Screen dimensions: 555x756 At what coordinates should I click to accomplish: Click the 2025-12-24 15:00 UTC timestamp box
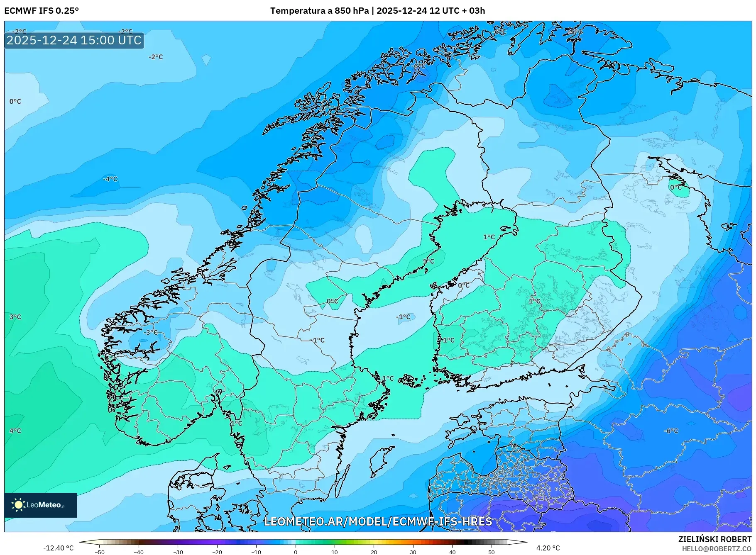point(74,40)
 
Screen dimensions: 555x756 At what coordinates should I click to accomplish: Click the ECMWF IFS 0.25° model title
point(42,11)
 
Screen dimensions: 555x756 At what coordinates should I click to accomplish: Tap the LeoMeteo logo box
point(41,505)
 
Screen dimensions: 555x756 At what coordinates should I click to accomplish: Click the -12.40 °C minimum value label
point(58,548)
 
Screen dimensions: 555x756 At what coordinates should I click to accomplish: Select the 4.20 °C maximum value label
point(548,548)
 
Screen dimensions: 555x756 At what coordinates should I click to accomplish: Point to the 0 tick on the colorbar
point(296,552)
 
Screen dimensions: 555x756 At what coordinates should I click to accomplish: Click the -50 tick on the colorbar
point(100,552)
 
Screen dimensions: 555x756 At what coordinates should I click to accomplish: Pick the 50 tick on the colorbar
point(492,552)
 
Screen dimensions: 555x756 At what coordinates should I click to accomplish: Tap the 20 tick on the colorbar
point(374,552)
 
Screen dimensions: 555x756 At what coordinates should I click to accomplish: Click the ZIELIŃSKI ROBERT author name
point(714,539)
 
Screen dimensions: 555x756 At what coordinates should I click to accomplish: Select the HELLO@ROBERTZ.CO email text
point(717,549)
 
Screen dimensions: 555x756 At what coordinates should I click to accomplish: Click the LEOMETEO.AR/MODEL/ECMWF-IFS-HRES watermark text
point(378,521)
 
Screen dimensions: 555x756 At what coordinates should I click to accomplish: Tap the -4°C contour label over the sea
point(110,179)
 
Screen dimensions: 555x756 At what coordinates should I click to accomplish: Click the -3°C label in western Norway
point(151,332)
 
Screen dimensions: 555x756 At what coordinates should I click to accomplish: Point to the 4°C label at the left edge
point(15,431)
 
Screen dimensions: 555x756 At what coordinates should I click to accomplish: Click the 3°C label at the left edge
point(15,317)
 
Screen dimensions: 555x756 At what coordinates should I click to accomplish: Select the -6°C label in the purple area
point(670,431)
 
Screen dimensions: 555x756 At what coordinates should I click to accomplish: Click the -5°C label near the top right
point(575,32)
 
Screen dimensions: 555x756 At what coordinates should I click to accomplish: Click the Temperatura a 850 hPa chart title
point(377,11)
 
